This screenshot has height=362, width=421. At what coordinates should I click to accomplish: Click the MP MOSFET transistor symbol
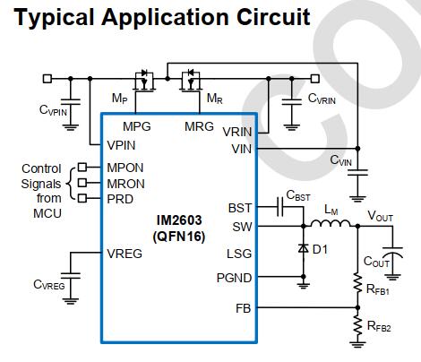pyautogui.click(x=144, y=81)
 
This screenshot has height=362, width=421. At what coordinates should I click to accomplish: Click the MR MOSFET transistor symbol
pyautogui.click(x=191, y=81)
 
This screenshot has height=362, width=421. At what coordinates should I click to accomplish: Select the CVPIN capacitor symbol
pyautogui.click(x=71, y=102)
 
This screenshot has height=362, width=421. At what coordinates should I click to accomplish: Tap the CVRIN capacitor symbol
pyautogui.click(x=292, y=102)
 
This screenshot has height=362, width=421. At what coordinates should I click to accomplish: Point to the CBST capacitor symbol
pyautogui.click(x=280, y=206)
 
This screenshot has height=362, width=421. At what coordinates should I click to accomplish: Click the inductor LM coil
pyautogui.click(x=331, y=223)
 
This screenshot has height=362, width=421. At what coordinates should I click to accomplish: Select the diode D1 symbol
pyautogui.click(x=304, y=248)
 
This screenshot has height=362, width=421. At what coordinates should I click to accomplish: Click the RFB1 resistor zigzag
pyautogui.click(x=357, y=283)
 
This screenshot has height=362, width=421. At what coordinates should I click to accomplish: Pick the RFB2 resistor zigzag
pyautogui.click(x=357, y=325)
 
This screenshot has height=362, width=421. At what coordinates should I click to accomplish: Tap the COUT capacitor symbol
pyautogui.click(x=392, y=253)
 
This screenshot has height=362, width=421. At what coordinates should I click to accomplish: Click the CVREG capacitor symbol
pyautogui.click(x=71, y=275)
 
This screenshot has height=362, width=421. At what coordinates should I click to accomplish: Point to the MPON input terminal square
pyautogui.click(x=82, y=168)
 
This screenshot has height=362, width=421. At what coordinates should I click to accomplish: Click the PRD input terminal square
pyautogui.click(x=82, y=198)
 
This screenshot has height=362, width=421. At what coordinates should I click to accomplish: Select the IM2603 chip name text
pyautogui.click(x=179, y=220)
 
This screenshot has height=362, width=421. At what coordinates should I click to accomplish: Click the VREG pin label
pyautogui.click(x=125, y=254)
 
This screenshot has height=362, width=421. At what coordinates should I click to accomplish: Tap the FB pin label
pyautogui.click(x=244, y=308)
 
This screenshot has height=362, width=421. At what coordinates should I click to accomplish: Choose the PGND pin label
pyautogui.click(x=234, y=278)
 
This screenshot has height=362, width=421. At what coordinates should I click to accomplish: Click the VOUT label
pyautogui.click(x=380, y=216)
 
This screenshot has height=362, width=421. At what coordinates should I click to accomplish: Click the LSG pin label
pyautogui.click(x=239, y=254)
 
